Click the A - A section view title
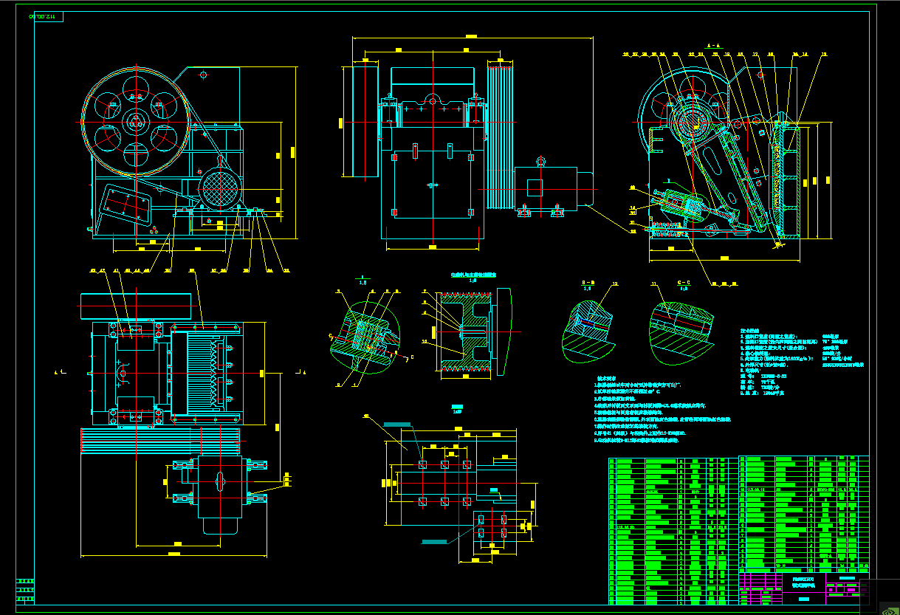click(x=713, y=46)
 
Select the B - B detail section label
click(x=588, y=284)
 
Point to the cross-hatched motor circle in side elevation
click(x=221, y=188)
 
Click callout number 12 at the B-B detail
click(x=614, y=284)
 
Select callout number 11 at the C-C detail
click(x=653, y=284)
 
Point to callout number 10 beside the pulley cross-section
click(x=424, y=342)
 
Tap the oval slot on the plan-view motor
click(x=221, y=480)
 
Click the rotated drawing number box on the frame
click(x=47, y=16)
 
